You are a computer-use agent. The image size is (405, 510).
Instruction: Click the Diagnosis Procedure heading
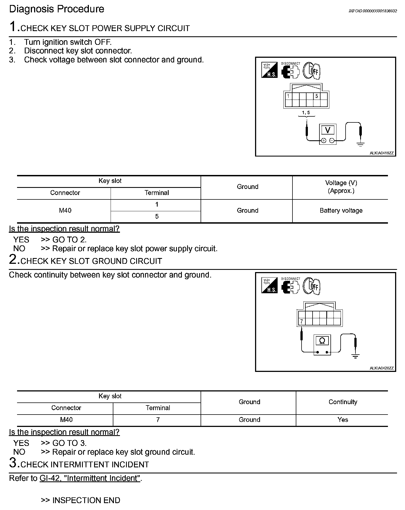[x=57, y=9]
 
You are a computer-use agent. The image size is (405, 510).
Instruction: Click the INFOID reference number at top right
[x=373, y=11]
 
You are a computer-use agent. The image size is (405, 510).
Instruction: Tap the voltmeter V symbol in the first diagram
[x=327, y=130]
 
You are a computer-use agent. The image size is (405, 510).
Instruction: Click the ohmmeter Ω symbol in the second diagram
[x=322, y=341]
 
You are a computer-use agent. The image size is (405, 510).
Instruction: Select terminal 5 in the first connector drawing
[x=317, y=96]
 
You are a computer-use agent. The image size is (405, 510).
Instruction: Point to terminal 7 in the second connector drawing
[x=302, y=321]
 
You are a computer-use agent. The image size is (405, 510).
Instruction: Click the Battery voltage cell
[x=341, y=211]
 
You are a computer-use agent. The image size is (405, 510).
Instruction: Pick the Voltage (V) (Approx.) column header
[x=341, y=187]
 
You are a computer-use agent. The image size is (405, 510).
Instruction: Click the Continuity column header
[x=343, y=402]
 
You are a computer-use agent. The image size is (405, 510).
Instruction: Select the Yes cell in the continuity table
[x=343, y=420]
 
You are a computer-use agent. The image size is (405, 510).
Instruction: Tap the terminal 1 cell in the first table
[x=157, y=205]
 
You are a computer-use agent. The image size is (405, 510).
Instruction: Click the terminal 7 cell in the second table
[x=158, y=420]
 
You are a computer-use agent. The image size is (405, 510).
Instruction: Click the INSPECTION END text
[x=86, y=500]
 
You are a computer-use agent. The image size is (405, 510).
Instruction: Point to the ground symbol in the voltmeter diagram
[x=361, y=144]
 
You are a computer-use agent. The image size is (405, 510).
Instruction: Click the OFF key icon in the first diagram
[x=312, y=71]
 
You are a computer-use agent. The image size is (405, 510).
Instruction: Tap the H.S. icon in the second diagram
[x=269, y=286]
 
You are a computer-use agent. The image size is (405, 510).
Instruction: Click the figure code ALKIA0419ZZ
[x=382, y=153]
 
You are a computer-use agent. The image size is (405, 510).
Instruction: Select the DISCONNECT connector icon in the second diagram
[x=290, y=286]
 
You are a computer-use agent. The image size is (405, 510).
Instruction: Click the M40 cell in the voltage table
[x=65, y=211]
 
